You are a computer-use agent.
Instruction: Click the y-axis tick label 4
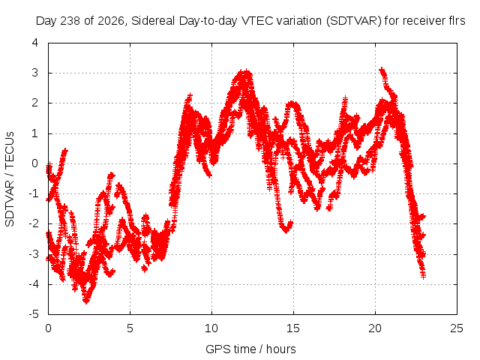(35, 43)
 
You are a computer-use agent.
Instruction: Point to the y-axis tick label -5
(34, 314)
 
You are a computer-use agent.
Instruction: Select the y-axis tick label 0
(35, 163)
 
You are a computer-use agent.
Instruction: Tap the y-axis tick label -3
(34, 253)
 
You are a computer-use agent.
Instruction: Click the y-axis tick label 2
(35, 103)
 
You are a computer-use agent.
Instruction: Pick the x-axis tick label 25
(457, 328)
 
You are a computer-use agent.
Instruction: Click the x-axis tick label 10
(211, 328)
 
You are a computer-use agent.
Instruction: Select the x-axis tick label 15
(293, 328)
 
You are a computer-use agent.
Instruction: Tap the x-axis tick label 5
(130, 328)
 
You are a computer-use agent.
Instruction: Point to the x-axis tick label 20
(375, 328)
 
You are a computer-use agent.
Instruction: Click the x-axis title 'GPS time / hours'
(250, 349)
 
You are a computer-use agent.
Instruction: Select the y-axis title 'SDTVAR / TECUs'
(10, 179)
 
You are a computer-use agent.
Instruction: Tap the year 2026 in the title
(110, 21)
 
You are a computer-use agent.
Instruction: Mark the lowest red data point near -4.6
(86, 301)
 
